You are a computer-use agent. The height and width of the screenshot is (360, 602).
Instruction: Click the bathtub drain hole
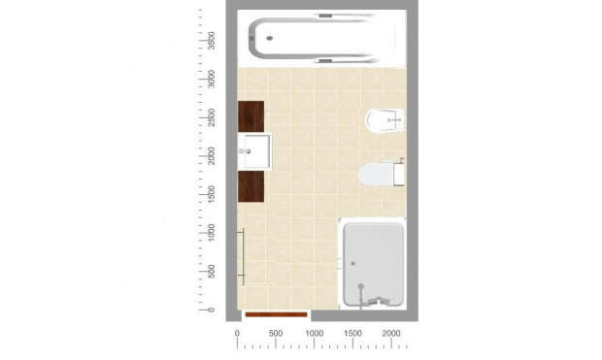point(270,38)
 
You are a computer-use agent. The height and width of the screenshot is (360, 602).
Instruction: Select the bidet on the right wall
point(385,120)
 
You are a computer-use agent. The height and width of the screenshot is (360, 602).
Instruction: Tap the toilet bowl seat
point(376,175)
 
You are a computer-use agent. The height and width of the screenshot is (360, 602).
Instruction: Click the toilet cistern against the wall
point(399,175)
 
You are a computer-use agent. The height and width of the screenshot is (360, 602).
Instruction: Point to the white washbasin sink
point(254,151)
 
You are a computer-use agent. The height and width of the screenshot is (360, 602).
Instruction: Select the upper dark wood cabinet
point(251,116)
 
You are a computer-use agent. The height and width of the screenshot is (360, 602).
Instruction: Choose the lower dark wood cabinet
point(251,186)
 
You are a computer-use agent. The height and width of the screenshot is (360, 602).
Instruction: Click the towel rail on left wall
point(243,256)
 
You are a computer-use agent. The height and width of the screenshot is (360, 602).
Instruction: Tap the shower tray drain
point(353,263)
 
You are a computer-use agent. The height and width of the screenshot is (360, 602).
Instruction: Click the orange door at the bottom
point(276,314)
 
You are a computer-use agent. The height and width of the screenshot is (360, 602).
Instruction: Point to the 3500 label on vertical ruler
point(211,41)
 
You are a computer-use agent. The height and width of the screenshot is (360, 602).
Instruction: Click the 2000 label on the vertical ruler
point(211,156)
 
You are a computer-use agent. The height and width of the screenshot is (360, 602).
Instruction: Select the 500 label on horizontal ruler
point(276,334)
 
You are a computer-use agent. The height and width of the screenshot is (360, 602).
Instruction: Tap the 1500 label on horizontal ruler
point(352,334)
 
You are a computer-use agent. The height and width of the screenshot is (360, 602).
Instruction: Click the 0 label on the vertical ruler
point(211,310)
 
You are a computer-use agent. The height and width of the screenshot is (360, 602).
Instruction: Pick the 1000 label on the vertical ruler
point(211,233)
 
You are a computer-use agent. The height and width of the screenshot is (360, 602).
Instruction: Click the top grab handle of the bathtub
point(325,16)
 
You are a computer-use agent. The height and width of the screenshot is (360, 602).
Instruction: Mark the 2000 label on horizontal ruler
point(391,334)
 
